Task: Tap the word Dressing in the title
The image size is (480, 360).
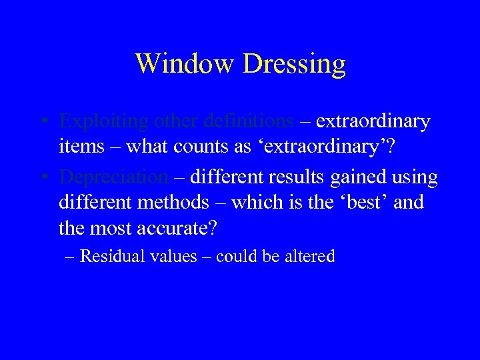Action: click(295, 64)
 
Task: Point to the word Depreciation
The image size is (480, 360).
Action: click(114, 178)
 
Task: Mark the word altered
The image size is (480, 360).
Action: click(311, 257)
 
